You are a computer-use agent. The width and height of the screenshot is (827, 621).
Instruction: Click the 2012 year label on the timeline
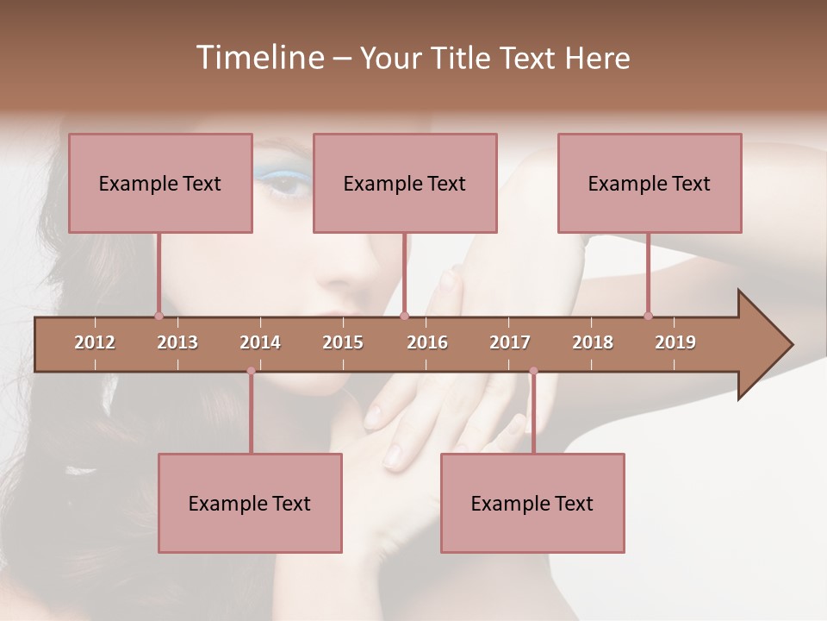point(95,342)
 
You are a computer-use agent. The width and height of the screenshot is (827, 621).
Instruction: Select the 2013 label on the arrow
point(177,342)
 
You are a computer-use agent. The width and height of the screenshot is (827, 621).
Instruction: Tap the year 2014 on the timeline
point(260,342)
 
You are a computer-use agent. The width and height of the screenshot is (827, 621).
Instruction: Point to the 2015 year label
point(343,342)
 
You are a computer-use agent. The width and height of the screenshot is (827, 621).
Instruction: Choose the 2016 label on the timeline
point(427,342)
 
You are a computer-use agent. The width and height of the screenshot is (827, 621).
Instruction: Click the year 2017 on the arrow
point(510,342)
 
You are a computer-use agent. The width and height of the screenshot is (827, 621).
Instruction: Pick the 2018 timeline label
point(593,342)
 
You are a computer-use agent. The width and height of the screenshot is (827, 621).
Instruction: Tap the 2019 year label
point(675,342)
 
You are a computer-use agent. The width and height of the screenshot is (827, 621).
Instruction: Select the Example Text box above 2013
point(160,183)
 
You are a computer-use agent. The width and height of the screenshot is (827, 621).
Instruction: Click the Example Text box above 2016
point(405,183)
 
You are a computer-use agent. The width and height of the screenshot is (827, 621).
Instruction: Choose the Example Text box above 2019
point(650,183)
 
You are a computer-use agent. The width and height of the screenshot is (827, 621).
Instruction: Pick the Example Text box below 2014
point(250,504)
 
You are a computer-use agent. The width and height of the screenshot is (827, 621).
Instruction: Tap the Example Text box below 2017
point(532,504)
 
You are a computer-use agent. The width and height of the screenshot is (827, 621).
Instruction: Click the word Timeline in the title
point(258,58)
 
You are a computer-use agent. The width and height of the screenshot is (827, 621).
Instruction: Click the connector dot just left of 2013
point(159,316)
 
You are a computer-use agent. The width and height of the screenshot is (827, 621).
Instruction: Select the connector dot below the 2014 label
point(251,371)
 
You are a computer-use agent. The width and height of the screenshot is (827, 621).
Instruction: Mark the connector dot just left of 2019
point(649,316)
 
